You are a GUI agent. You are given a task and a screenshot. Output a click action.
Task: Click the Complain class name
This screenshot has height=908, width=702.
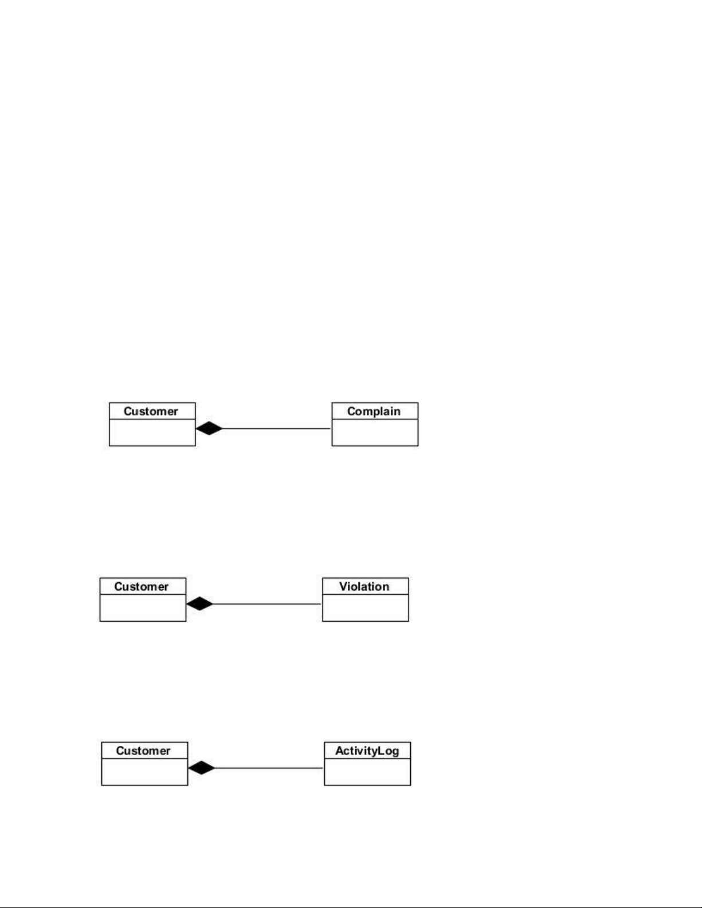(x=374, y=411)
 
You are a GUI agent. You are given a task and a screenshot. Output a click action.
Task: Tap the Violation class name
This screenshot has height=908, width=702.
(x=364, y=587)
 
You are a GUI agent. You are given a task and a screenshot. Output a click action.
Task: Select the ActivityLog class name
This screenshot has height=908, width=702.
(x=367, y=751)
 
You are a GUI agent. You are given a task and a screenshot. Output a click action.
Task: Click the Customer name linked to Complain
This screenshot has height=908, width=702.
(x=151, y=411)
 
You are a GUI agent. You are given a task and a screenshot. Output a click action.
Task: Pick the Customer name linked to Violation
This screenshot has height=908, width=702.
(x=141, y=587)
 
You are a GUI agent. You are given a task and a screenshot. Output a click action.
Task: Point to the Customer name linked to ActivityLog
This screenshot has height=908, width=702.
(x=143, y=751)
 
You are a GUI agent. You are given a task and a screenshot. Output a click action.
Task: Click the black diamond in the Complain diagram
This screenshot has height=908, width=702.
(x=209, y=429)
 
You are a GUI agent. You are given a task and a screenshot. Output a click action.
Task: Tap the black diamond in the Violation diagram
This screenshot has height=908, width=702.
(x=199, y=604)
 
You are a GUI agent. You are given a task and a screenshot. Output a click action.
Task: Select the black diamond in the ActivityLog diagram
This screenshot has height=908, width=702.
(x=201, y=768)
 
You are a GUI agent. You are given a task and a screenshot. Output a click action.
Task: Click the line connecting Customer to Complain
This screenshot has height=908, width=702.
(x=276, y=429)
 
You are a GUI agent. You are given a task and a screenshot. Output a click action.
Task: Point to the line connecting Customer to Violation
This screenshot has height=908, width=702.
(x=266, y=604)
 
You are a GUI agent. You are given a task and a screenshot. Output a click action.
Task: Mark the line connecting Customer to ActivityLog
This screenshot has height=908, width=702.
(x=269, y=768)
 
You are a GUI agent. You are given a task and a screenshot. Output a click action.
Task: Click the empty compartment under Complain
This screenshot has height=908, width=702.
(x=375, y=433)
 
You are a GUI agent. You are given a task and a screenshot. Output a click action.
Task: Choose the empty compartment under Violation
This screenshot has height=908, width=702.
(x=365, y=608)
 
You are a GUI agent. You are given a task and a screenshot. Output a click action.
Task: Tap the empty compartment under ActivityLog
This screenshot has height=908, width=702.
(x=367, y=772)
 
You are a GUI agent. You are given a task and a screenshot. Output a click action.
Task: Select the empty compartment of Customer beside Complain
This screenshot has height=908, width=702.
(x=152, y=433)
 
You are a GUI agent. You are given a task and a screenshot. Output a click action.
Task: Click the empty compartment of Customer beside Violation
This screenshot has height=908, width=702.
(x=143, y=608)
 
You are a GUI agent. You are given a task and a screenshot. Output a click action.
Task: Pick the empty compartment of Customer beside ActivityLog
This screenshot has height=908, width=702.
(x=144, y=772)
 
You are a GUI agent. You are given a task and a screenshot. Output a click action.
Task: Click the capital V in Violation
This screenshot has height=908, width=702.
(x=343, y=587)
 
